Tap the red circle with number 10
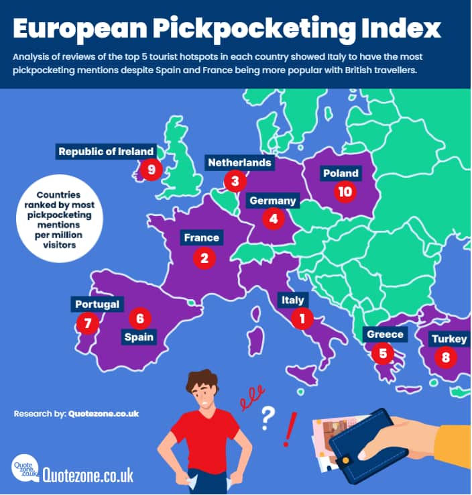(345, 192)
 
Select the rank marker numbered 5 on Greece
(383, 353)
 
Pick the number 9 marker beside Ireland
(151, 169)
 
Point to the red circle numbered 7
(86, 323)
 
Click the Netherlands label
(239, 163)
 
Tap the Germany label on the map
(272, 201)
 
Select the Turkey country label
(449, 339)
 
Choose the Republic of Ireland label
(106, 152)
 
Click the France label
(201, 238)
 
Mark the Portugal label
(97, 305)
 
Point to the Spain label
(139, 337)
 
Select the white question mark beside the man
(268, 418)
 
